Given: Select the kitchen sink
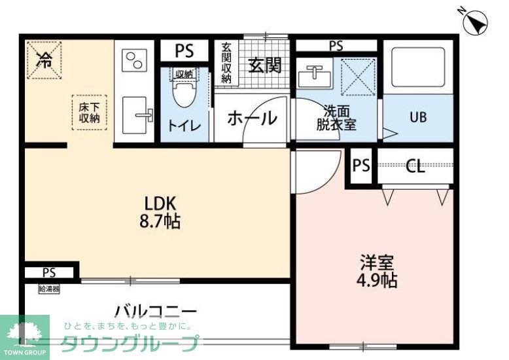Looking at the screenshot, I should (x=136, y=115).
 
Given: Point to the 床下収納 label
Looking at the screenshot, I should (x=89, y=113).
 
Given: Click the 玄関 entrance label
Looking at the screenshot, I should (x=264, y=65).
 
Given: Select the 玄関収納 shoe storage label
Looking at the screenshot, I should (x=226, y=63).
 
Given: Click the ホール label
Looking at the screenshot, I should (x=252, y=118).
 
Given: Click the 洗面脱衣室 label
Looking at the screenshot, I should (x=336, y=117).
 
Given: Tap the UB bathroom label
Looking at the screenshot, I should (x=418, y=118).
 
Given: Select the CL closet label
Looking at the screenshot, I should (x=416, y=166).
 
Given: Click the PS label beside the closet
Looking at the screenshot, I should (x=361, y=166).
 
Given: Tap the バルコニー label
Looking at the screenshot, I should (x=155, y=310).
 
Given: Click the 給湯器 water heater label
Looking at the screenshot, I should (x=49, y=289).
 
